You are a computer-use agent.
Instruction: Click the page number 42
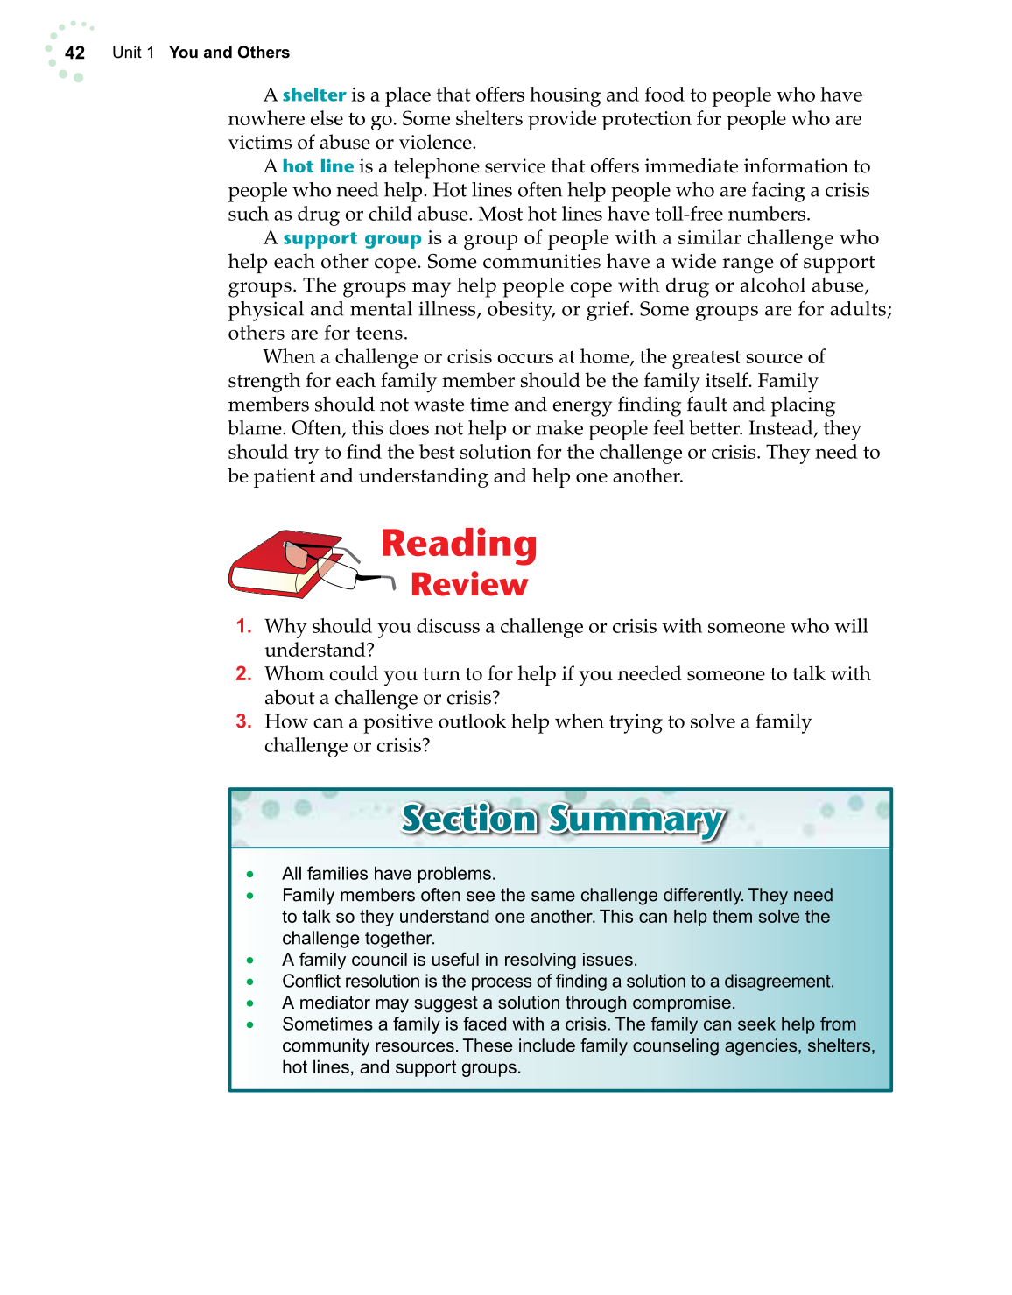pos(75,53)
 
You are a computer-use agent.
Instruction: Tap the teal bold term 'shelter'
pos(314,95)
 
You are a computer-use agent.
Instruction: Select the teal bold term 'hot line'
pos(318,166)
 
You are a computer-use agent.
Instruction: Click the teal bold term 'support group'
pos(352,238)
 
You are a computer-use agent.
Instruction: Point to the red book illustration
pos(271,567)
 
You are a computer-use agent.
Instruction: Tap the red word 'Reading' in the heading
pos(459,544)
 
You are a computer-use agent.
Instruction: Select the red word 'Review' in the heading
pos(469,585)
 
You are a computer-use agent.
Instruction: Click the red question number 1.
pos(243,626)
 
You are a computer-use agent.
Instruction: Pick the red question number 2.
pos(243,673)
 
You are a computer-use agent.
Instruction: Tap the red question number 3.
pos(243,721)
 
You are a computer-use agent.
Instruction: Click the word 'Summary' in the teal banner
pos(636,820)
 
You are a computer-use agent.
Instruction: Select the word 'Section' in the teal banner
pos(469,820)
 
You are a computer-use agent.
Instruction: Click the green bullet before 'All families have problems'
pos(250,874)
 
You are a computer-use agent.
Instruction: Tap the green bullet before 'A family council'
pos(250,961)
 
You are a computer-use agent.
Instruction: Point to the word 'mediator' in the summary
pos(335,1003)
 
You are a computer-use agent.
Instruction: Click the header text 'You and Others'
pos(229,53)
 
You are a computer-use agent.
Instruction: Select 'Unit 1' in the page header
pos(133,53)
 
